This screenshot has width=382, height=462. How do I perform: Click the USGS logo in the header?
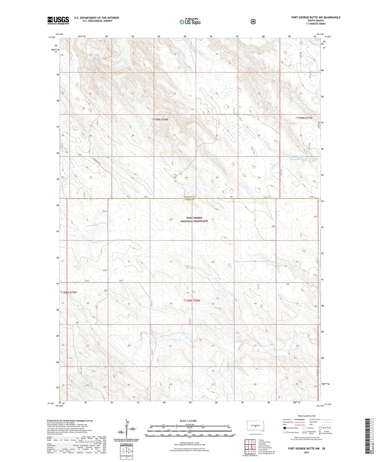[x=58, y=20]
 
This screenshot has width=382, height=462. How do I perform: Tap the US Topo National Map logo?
[x=190, y=22]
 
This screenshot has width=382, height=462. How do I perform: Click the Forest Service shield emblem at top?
[x=253, y=21]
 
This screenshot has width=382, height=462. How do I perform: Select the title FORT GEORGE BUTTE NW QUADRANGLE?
[x=316, y=17]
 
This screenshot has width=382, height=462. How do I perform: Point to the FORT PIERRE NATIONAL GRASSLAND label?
[x=194, y=219]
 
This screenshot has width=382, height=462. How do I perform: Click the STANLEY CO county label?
[x=189, y=197]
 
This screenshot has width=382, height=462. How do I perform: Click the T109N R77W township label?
[x=304, y=118]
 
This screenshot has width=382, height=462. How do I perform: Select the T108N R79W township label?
[x=69, y=292]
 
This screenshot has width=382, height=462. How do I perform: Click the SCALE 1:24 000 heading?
[x=188, y=421]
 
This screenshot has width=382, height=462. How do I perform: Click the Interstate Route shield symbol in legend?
[x=284, y=428]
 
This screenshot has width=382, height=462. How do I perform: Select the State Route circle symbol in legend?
[x=320, y=428]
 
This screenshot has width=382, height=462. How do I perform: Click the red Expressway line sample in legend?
[x=300, y=419]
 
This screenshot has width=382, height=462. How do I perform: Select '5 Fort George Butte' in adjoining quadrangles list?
[x=265, y=447]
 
